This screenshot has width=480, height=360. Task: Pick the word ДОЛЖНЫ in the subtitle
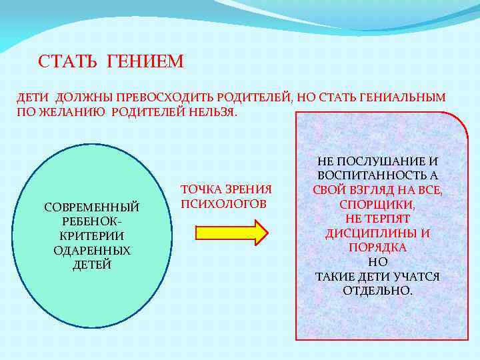(x=81, y=98)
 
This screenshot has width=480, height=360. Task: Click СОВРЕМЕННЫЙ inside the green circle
(x=91, y=207)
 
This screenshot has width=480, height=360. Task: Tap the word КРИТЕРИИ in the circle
(x=91, y=236)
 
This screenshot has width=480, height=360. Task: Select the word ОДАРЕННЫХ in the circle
(x=91, y=250)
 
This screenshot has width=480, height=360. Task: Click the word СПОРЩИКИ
(x=377, y=205)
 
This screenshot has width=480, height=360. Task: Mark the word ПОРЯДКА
(x=377, y=247)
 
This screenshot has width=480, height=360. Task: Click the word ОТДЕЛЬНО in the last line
(x=377, y=291)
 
